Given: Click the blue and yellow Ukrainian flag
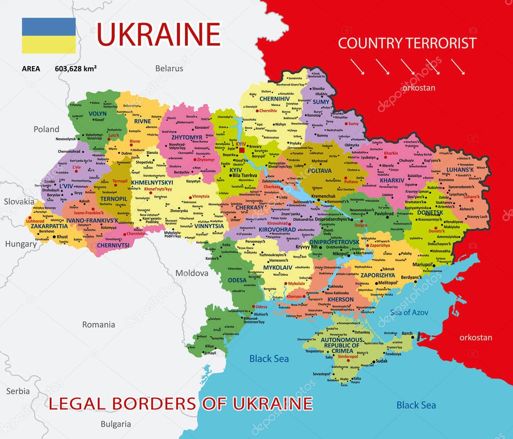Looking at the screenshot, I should point(49,36).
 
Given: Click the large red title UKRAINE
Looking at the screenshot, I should point(158,34).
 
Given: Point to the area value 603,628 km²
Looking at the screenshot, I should point(76,69).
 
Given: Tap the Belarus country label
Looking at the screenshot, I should point(169,69).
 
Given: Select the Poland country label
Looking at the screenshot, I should point(46,129).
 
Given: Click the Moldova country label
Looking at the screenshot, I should point(191,273).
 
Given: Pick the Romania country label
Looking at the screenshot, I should point(98,324).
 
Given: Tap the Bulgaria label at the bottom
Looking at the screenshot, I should point(116,424).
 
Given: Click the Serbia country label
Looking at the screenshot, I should point(18,391).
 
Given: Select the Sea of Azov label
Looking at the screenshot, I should point(407,312).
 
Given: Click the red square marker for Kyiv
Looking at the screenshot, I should point(241,150).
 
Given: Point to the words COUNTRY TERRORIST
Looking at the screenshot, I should point(407,43).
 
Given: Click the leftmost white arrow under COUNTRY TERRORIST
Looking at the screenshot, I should point(357,66).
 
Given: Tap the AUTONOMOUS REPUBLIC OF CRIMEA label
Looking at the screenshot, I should point(341,345).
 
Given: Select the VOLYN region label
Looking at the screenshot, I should point(98,114).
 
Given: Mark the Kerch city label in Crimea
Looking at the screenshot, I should point(407,333).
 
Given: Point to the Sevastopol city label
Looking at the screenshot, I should point(322,374).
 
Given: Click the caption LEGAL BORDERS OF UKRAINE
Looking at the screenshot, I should point(181,403).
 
